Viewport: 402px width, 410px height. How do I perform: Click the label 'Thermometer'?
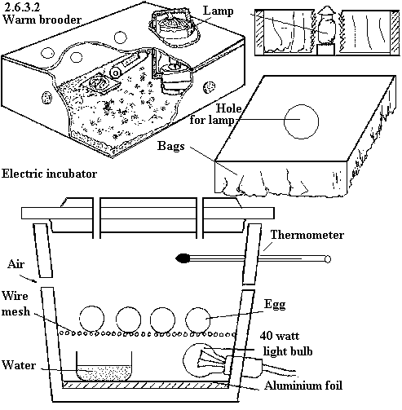click(x=307, y=235)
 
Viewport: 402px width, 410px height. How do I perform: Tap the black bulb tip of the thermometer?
click(x=183, y=258)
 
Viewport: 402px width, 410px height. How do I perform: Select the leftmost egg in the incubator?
click(x=92, y=319)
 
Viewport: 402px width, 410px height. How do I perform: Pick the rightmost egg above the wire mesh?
click(x=198, y=320)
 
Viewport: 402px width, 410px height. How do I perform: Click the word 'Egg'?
click(x=275, y=304)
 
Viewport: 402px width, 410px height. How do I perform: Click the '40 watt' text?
click(x=280, y=336)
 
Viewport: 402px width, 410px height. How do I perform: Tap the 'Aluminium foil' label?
click(x=303, y=386)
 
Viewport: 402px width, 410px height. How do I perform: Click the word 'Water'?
click(x=19, y=365)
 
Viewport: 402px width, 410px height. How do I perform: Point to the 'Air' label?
click(x=16, y=264)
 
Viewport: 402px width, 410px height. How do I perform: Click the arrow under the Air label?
click(x=29, y=279)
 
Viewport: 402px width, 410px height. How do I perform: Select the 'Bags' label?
click(x=170, y=146)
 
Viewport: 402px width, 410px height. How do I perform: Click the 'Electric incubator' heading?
click(x=49, y=174)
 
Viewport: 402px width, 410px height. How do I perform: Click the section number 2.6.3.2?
click(x=22, y=7)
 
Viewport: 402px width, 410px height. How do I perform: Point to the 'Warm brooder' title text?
click(x=42, y=20)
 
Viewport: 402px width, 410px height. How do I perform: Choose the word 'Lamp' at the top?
click(x=219, y=11)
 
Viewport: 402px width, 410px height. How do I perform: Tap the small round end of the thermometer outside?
click(x=328, y=259)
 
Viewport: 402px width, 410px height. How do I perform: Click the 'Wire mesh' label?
click(x=15, y=303)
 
